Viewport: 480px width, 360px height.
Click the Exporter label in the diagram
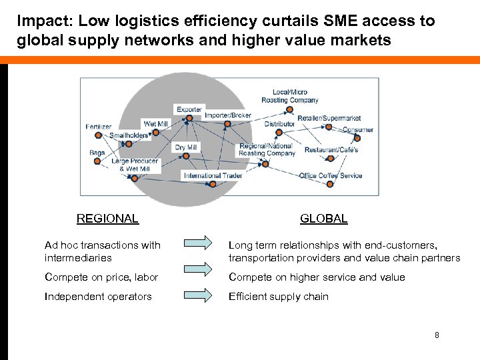[189, 109]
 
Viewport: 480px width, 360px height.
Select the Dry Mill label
[186, 147]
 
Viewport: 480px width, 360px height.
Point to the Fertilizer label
[99, 127]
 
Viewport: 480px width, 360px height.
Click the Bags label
[97, 153]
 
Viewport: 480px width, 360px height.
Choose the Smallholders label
[129, 135]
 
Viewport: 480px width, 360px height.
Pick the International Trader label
[213, 176]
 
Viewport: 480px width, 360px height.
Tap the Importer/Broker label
[227, 115]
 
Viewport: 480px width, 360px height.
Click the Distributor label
[279, 124]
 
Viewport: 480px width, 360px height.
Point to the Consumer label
[358, 129]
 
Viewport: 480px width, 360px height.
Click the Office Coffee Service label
[331, 175]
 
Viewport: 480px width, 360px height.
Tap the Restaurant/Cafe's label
[331, 150]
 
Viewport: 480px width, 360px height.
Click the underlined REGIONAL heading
[107, 219]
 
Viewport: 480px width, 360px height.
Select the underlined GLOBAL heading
[323, 219]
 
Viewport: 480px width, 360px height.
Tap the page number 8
[437, 335]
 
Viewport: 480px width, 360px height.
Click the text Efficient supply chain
[279, 297]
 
